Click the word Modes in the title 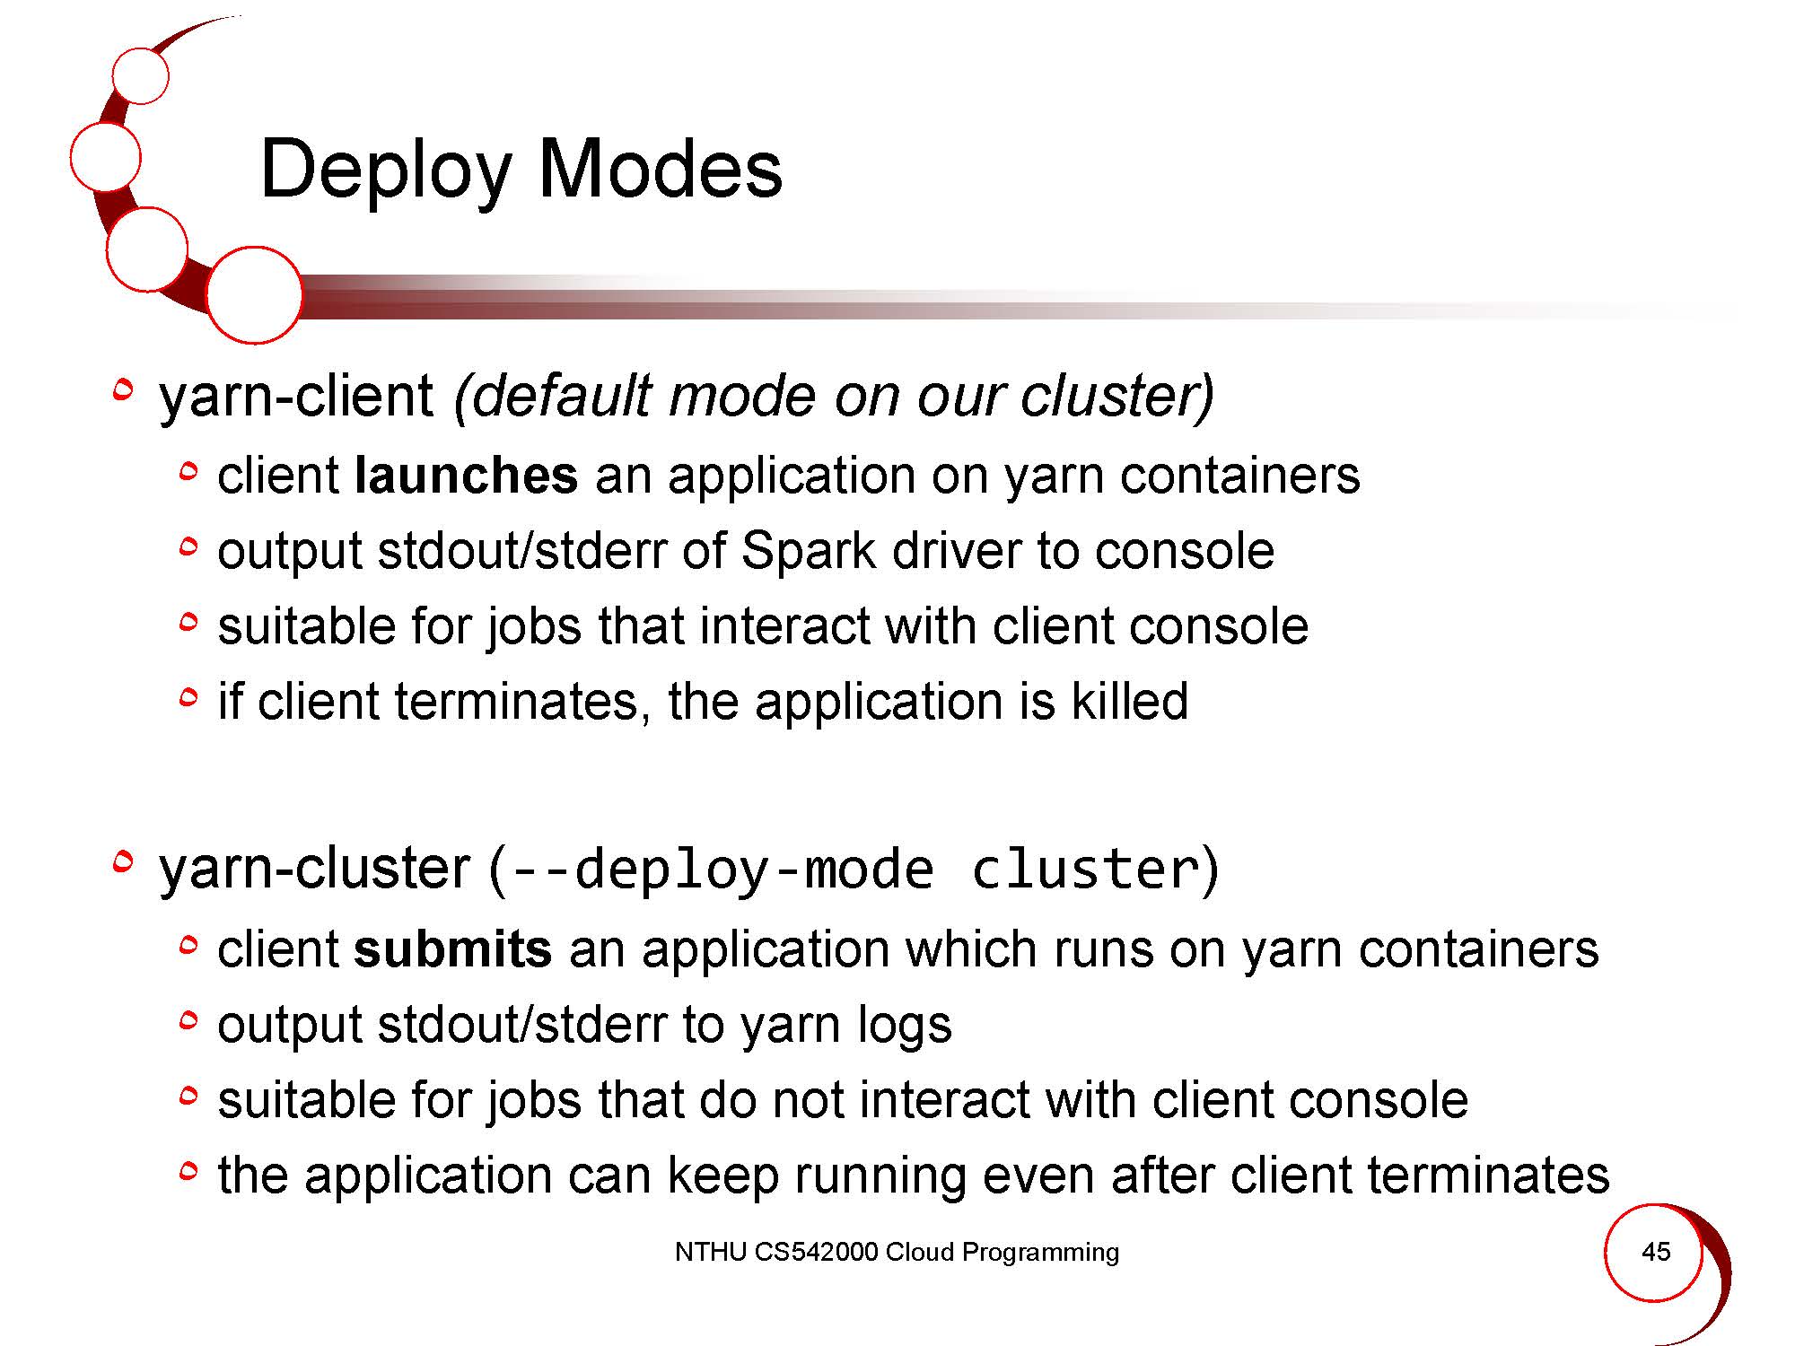661,169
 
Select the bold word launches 467,475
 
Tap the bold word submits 452,948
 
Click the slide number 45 1656,1251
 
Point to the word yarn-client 296,396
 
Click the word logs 904,1026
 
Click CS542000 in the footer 816,1252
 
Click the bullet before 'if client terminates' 188,696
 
